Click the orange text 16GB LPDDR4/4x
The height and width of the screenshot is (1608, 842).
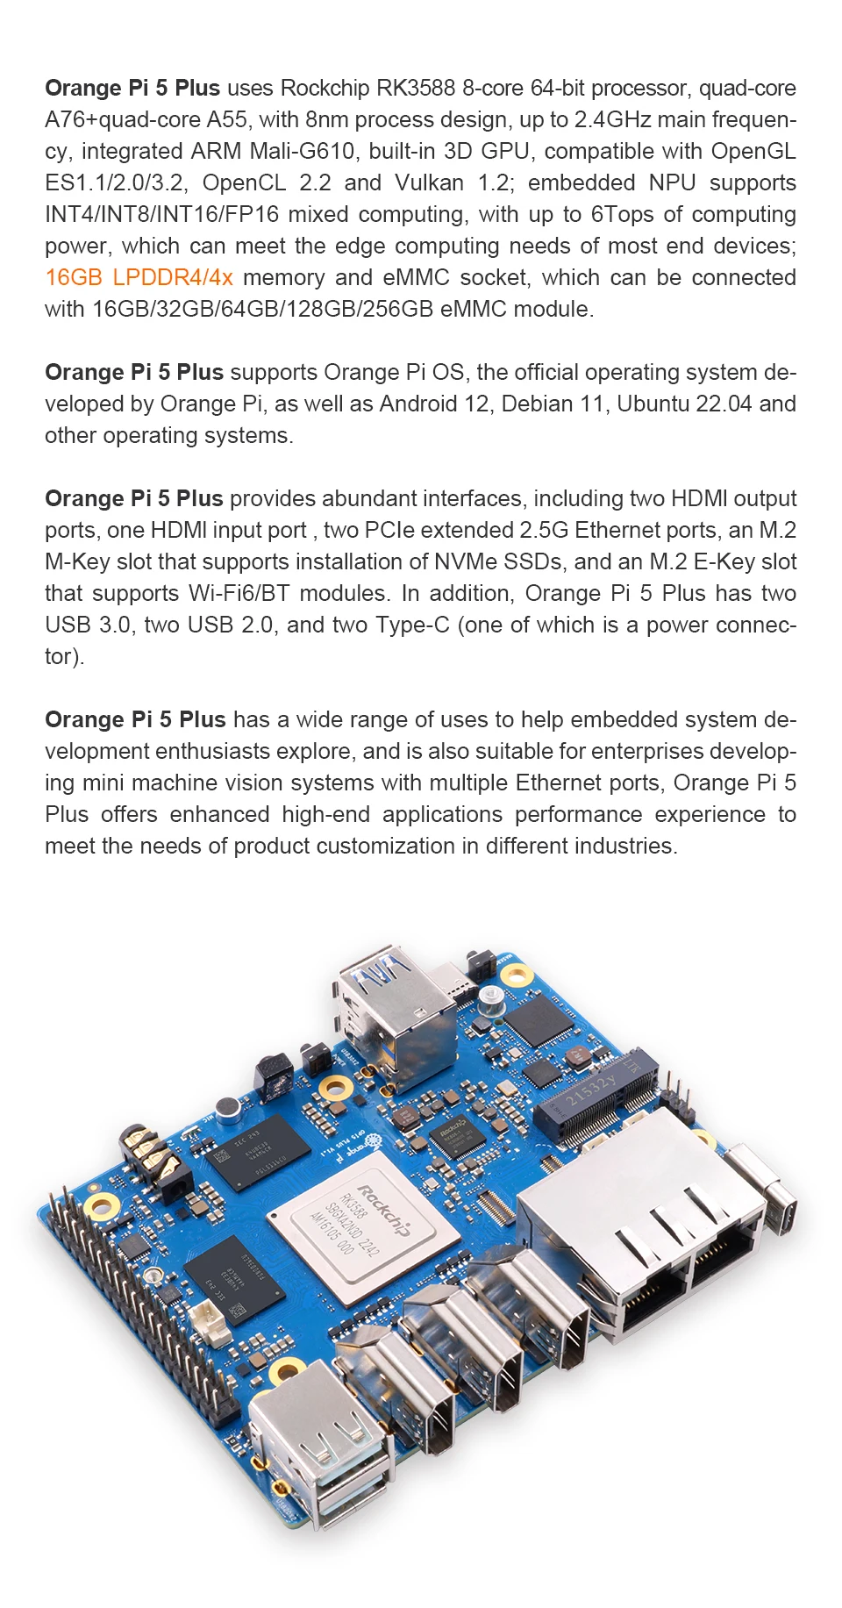pyautogui.click(x=139, y=278)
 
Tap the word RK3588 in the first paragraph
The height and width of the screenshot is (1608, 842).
pyautogui.click(x=416, y=89)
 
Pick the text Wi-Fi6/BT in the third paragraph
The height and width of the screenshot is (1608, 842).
pyautogui.click(x=239, y=594)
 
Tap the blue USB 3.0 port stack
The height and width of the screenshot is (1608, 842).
pyautogui.click(x=395, y=1009)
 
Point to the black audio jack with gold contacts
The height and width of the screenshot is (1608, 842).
pyautogui.click(x=153, y=1158)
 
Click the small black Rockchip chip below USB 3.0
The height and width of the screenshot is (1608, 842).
pyautogui.click(x=456, y=1136)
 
